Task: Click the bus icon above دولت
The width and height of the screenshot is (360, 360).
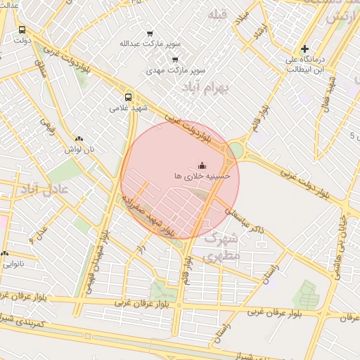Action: pos(22,30)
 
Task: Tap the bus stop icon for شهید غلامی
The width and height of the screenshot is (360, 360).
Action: pos(128,97)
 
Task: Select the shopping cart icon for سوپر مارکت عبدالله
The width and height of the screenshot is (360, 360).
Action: pos(150,33)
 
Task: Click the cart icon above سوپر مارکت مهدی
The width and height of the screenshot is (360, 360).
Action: pos(174,60)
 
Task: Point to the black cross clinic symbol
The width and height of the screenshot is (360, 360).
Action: pos(304,49)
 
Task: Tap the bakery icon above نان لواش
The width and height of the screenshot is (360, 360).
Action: pos(79,139)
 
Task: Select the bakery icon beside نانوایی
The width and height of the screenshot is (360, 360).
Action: pos(4,254)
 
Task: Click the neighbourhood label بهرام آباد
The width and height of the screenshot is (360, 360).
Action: pos(202,88)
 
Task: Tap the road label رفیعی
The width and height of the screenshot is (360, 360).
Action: pos(47,126)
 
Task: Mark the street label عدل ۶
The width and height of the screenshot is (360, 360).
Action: pos(39,232)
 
